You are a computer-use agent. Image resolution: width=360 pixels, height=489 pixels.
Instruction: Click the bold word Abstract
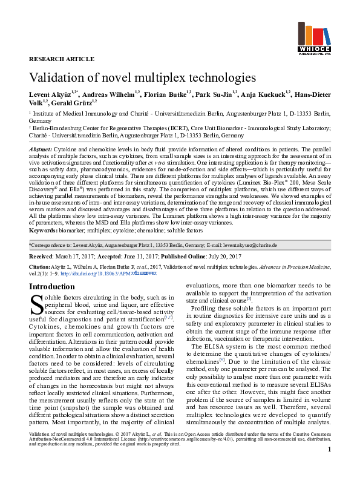[40, 149]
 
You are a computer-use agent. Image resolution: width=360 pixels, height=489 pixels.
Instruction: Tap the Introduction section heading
[52, 287]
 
